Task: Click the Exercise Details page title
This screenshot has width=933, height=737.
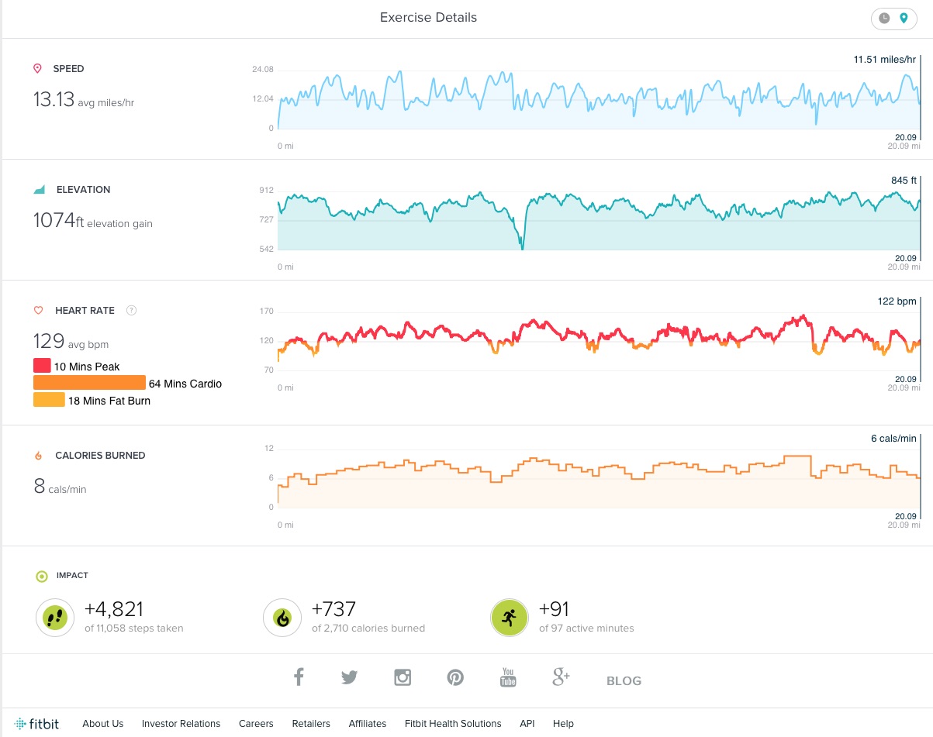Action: [428, 17]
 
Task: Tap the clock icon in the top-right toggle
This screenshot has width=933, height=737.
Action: [884, 19]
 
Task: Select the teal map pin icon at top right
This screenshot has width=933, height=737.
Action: [903, 19]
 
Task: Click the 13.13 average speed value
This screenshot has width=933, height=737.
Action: [53, 99]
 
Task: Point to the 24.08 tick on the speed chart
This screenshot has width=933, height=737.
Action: [263, 70]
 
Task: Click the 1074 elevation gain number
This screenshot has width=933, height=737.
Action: [54, 221]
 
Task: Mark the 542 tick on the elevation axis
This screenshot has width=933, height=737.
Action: [265, 249]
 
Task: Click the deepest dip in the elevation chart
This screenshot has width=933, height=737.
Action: [522, 247]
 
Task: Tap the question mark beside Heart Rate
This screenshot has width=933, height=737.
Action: [131, 310]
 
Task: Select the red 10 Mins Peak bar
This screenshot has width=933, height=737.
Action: [42, 366]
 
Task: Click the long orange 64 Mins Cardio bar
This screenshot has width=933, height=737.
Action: [89, 383]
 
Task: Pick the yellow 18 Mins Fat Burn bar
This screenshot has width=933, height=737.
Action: [49, 400]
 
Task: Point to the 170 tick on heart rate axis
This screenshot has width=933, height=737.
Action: [266, 312]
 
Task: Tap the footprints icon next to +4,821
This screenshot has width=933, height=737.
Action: [54, 618]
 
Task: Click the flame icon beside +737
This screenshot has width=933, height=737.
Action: [282, 618]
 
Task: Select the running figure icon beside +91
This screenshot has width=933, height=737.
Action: [509, 618]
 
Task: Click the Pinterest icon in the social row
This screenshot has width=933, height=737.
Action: [455, 677]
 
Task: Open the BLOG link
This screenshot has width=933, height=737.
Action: [624, 680]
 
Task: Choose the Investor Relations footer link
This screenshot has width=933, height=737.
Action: [181, 723]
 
